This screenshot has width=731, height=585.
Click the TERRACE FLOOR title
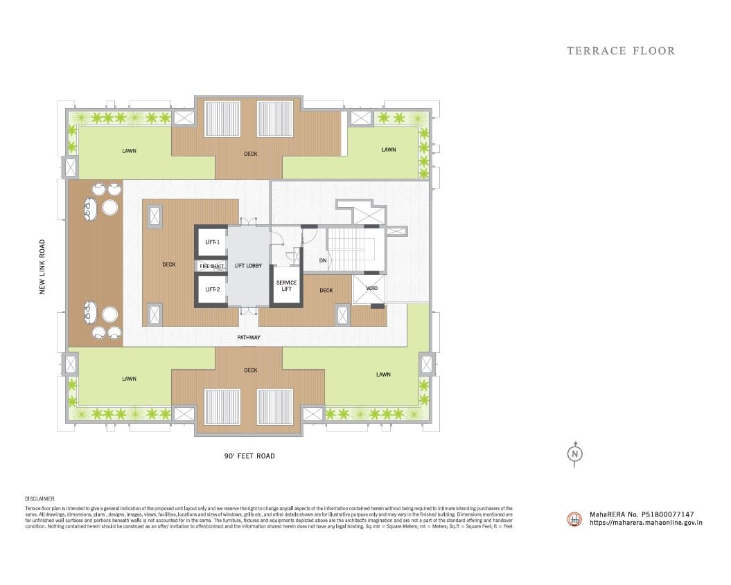click(x=621, y=51)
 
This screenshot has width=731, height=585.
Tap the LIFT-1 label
click(x=212, y=242)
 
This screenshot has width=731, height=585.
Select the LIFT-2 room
click(x=212, y=289)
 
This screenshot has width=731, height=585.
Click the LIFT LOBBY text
click(x=248, y=266)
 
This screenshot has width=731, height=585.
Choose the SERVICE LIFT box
click(x=286, y=286)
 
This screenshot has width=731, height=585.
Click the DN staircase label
click(x=323, y=260)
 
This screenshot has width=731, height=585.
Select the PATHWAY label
click(x=249, y=338)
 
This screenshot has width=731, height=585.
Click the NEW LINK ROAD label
click(x=42, y=267)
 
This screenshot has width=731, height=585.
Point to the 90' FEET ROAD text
click(x=249, y=456)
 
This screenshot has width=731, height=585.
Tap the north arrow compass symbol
click(x=574, y=453)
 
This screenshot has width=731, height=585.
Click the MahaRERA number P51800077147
click(x=641, y=515)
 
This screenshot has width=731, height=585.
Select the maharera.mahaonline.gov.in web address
click(x=646, y=523)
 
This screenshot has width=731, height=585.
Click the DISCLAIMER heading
click(x=39, y=498)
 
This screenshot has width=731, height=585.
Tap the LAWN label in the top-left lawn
click(x=129, y=150)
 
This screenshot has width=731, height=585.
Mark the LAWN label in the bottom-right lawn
click(x=383, y=375)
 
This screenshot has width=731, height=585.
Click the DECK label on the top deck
click(x=251, y=154)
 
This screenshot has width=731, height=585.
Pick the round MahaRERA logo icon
click(x=574, y=519)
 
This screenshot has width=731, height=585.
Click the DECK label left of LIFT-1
click(x=168, y=264)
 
